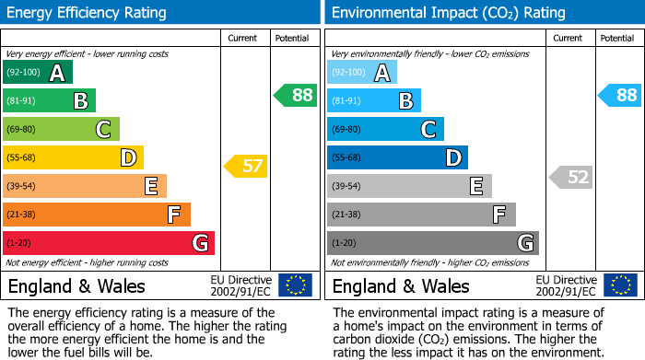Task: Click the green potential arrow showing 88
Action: [x=295, y=95]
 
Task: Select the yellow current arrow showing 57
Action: [x=245, y=167]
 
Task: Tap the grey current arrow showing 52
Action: [x=570, y=178]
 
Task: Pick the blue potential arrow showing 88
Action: [x=619, y=95]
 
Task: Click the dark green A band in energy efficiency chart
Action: [x=38, y=73]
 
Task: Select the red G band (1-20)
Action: [x=109, y=243]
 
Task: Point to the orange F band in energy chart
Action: [x=97, y=215]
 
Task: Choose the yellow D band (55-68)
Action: [x=73, y=157]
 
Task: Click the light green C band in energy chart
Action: [x=61, y=129]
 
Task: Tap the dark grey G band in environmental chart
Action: [x=432, y=243]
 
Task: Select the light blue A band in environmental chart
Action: [x=362, y=73]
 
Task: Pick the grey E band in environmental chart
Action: [x=409, y=186]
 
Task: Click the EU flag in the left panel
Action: [x=295, y=285]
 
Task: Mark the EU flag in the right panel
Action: [x=619, y=285]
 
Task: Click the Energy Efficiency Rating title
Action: [x=88, y=13]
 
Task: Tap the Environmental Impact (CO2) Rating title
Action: [x=448, y=13]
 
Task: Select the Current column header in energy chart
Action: [x=242, y=38]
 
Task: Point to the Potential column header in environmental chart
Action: [x=616, y=38]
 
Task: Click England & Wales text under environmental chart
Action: [x=401, y=285]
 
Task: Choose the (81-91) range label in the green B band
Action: [x=22, y=101]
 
